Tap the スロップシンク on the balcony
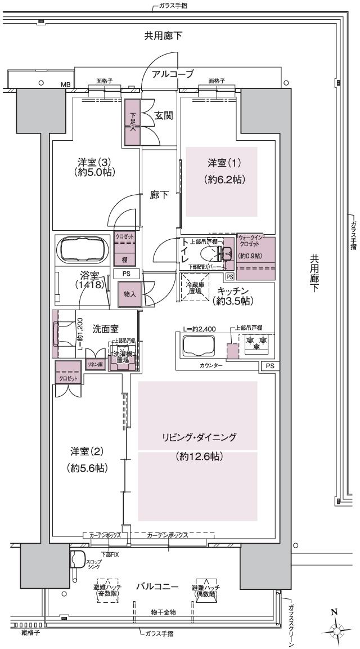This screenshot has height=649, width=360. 77,560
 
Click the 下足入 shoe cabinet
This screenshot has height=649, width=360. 132,122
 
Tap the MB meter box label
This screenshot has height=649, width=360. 66,86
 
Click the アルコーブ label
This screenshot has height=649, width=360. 173,74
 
